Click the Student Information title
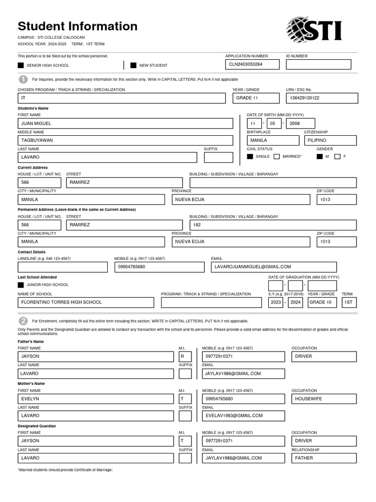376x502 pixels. [77, 26]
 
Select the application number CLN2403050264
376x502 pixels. [252, 64]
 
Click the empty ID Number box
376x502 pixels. [318, 64]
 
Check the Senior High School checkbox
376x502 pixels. [21, 65]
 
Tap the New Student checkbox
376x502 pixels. [133, 65]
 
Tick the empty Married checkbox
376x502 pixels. [277, 157]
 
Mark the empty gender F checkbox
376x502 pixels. [337, 157]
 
